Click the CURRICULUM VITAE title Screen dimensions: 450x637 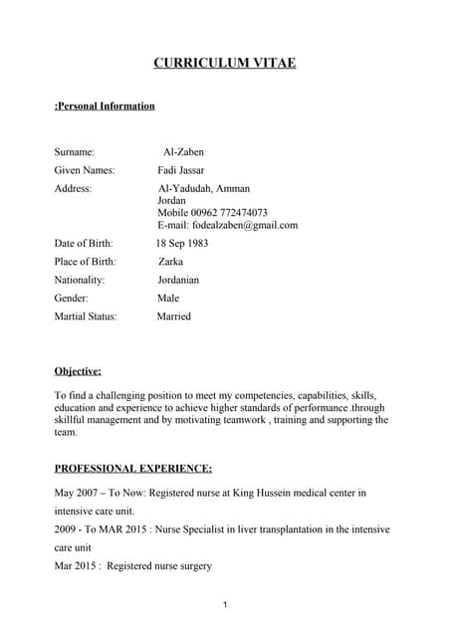click(224, 64)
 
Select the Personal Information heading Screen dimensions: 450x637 click(105, 106)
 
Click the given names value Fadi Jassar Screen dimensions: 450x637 click(181, 170)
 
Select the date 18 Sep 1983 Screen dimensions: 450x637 click(181, 243)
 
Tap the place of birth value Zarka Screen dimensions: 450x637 click(170, 262)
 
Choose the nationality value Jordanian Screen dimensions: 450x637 click(178, 280)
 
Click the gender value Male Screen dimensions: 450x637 click(168, 298)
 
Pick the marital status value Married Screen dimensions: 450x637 click(173, 317)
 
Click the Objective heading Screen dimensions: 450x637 click(78, 371)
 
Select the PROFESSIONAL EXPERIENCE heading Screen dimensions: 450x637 click(132, 468)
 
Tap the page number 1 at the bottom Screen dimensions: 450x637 click(226, 605)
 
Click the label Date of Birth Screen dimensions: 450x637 click(84, 243)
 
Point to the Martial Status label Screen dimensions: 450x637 click(86, 317)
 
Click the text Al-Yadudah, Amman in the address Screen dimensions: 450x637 click(204, 188)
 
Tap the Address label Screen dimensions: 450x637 click(73, 188)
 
